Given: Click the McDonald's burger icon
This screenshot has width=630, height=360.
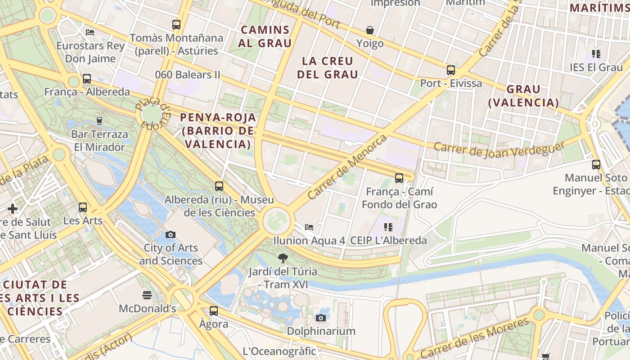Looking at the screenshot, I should [x=147, y=295].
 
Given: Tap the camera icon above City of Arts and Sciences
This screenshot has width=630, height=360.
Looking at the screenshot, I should [x=171, y=234].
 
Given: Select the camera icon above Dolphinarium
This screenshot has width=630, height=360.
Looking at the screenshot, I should [x=321, y=318].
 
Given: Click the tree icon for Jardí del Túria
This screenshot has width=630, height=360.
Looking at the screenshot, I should [x=283, y=258].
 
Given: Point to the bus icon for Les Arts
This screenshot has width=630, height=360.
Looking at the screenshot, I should [x=83, y=207].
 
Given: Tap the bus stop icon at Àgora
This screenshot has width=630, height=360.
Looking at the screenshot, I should [x=214, y=310].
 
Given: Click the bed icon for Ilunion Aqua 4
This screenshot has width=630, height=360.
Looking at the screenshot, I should [x=309, y=227].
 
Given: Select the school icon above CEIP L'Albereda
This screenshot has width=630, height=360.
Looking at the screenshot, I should [x=388, y=227].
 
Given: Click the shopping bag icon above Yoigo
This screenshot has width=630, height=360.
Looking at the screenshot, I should [x=370, y=30].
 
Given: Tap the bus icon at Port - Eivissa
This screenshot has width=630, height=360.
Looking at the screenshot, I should [x=451, y=70].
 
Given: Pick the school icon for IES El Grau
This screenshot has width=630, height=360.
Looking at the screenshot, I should [x=596, y=54].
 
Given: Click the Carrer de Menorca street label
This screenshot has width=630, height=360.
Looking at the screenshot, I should [x=347, y=167].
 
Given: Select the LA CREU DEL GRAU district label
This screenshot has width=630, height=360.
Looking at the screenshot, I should [x=328, y=67].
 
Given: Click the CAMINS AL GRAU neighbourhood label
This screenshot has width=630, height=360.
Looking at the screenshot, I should [x=265, y=36].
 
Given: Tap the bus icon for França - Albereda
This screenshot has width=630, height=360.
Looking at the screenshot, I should [x=87, y=79].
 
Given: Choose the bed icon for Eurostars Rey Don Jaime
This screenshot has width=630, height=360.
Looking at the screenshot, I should [x=90, y=32].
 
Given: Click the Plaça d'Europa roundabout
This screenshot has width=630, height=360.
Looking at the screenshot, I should [x=152, y=113].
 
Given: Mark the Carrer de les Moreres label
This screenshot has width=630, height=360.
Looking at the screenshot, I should [x=475, y=338].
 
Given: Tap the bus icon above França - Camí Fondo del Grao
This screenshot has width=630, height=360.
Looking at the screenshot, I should [x=399, y=178].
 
